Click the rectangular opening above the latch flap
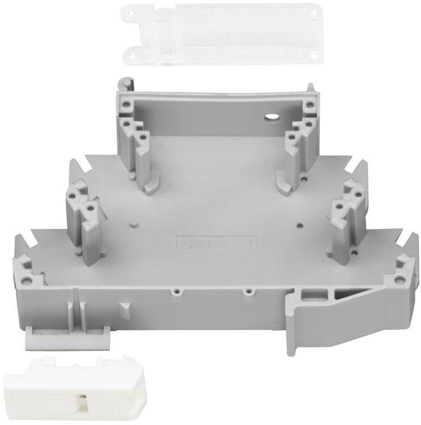308,293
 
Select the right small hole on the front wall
247,292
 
